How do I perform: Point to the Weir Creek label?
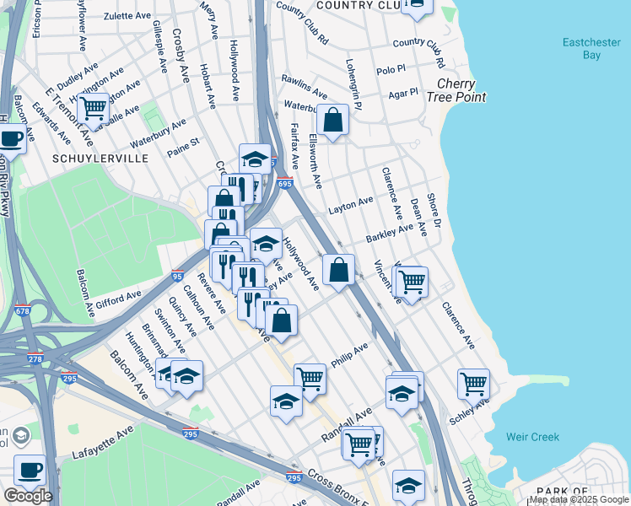click(532, 437)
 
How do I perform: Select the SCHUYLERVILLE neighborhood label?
click(100, 159)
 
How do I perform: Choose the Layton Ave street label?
click(351, 205)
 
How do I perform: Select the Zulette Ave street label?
click(127, 15)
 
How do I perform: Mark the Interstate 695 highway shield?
click(284, 183)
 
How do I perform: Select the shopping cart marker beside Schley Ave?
click(474, 384)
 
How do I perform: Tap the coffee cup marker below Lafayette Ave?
click(30, 470)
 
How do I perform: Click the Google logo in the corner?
click(27, 496)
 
